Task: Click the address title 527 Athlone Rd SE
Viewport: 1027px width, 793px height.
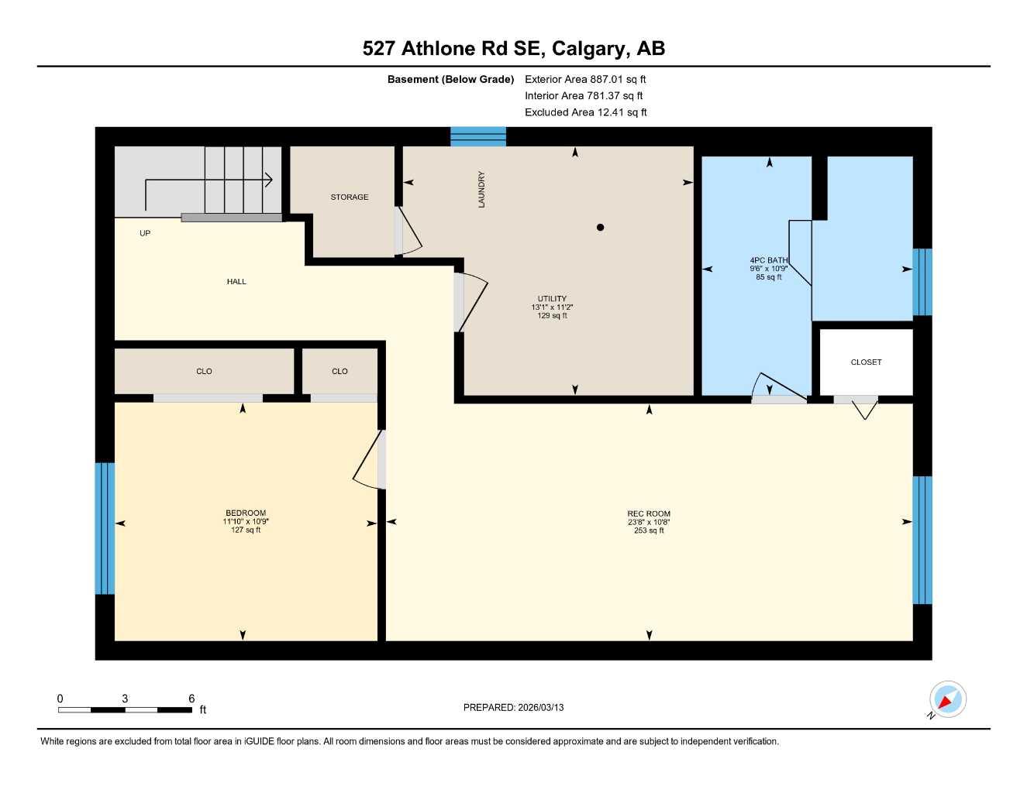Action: click(x=513, y=49)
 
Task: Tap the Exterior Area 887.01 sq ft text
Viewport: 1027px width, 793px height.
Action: click(x=584, y=79)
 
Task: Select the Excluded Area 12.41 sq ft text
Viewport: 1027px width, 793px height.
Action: click(x=585, y=112)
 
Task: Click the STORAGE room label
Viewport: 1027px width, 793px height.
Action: click(x=350, y=197)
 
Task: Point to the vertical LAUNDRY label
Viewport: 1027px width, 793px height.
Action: click(x=481, y=189)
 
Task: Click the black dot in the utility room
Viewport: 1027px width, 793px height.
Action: click(x=600, y=228)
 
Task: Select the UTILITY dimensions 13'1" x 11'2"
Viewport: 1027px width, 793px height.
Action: click(x=552, y=307)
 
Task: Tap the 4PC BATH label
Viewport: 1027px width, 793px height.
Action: click(x=768, y=260)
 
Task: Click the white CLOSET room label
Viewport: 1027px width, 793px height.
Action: click(x=866, y=362)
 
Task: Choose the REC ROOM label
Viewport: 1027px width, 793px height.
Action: click(x=649, y=513)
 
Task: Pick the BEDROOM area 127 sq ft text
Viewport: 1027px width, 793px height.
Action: click(x=246, y=530)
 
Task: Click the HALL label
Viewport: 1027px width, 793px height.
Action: click(x=236, y=282)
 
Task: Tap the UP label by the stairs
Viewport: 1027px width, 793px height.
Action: click(x=145, y=233)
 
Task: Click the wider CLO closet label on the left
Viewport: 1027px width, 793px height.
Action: click(x=204, y=372)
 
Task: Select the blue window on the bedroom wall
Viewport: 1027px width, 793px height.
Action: click(x=105, y=528)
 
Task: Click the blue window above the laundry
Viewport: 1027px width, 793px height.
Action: click(x=478, y=136)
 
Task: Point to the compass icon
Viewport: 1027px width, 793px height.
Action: click(x=947, y=700)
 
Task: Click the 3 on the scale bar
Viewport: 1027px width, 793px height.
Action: click(x=125, y=699)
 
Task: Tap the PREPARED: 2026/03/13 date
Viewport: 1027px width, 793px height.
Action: click(x=513, y=708)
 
